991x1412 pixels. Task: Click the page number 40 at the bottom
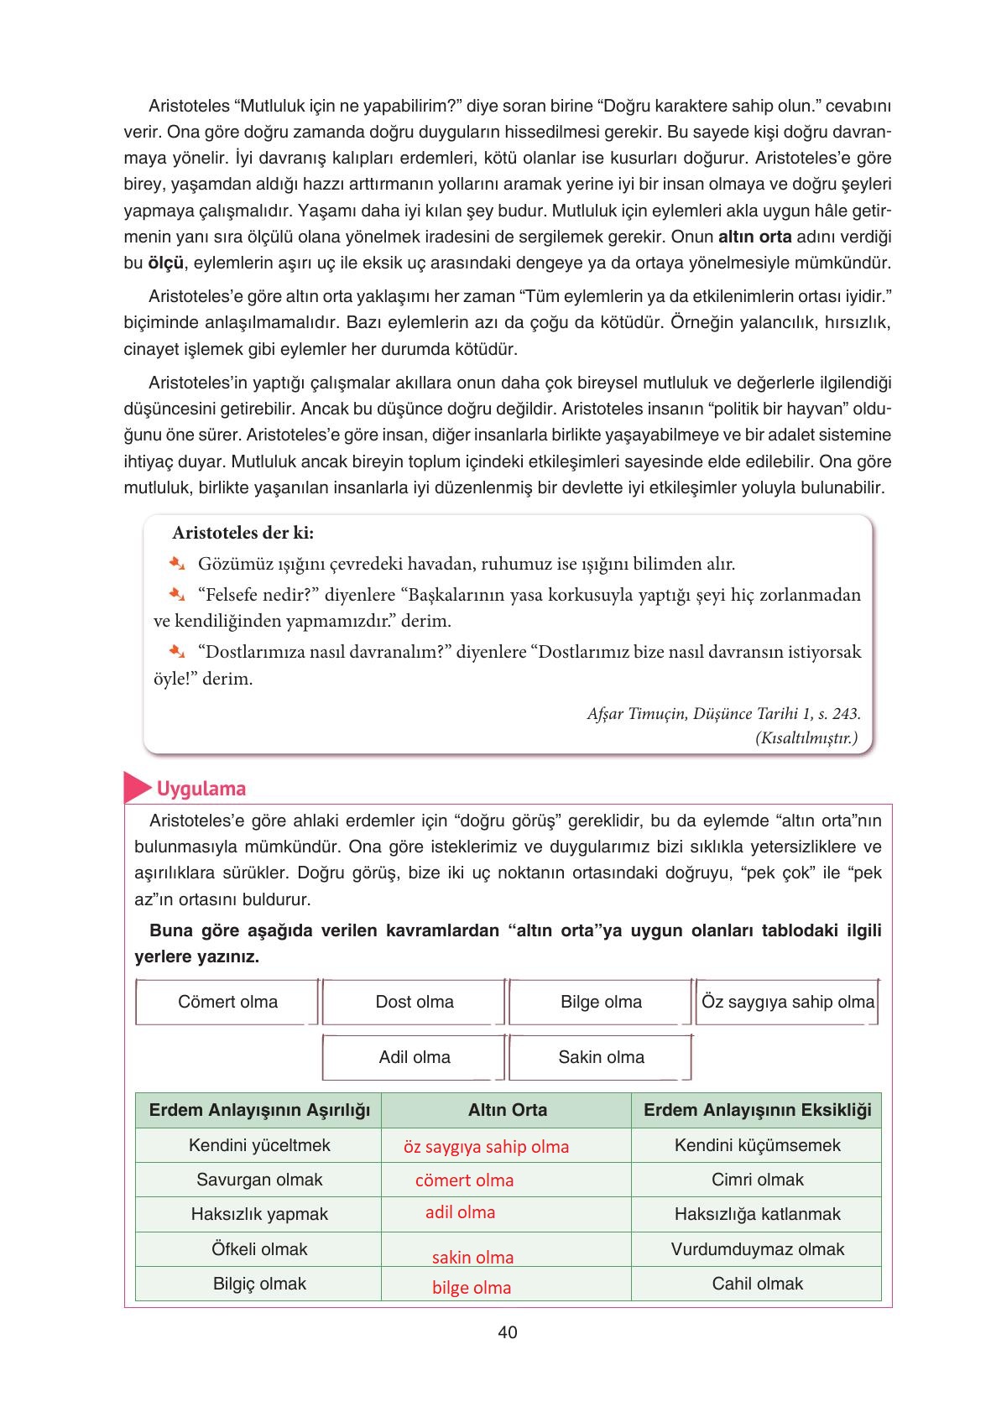[507, 1332]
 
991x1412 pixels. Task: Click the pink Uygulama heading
[201, 789]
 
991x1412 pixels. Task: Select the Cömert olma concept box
[227, 1002]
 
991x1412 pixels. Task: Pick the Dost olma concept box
[415, 1002]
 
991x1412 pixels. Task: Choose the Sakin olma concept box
[601, 1057]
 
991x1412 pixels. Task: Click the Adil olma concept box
[415, 1057]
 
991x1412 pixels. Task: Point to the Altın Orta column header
[507, 1110]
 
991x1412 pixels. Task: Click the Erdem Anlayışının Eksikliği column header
[757, 1110]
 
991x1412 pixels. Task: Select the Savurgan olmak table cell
[259, 1180]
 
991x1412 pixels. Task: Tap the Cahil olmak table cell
[757, 1284]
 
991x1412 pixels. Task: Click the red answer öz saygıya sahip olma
[486, 1147]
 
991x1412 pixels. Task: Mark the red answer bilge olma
[472, 1288]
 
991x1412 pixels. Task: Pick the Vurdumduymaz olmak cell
[757, 1249]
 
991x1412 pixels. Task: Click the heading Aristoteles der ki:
[243, 533]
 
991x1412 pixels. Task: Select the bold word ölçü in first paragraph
[165, 263]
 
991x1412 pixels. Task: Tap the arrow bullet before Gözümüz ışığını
[175, 563]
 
